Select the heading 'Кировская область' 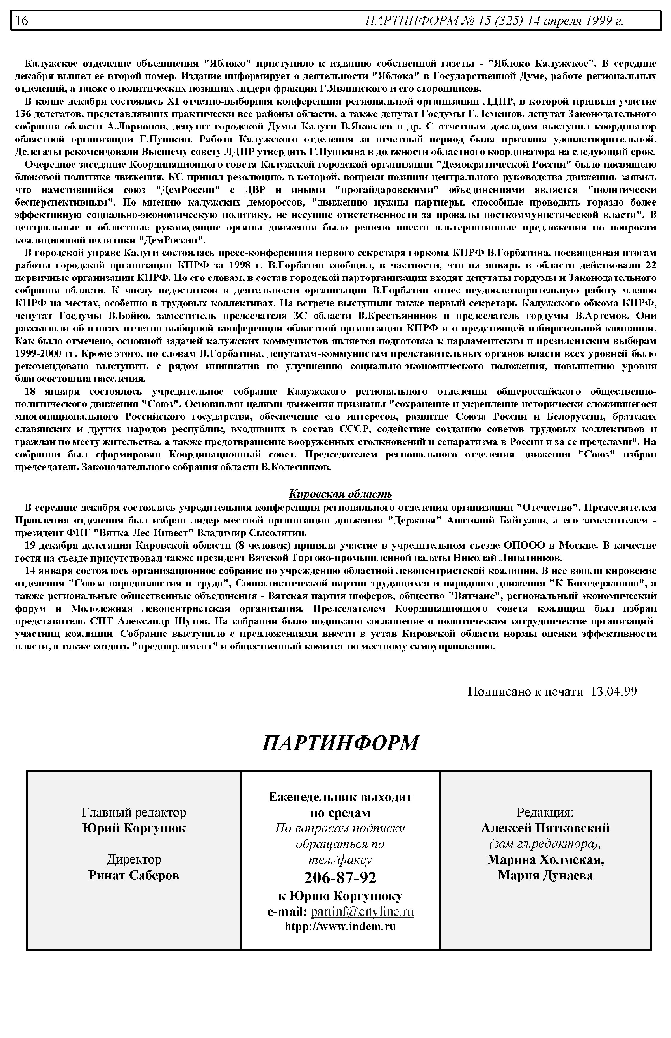coord(340,494)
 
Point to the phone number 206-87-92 coord(340,877)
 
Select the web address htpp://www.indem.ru coord(340,926)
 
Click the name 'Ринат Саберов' coord(134,875)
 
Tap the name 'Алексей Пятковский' coord(545,828)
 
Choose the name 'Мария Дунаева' coord(545,875)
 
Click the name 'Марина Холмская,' coord(545,859)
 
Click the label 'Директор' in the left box coord(134,859)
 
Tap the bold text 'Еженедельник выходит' coord(340,797)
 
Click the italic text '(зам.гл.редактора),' coord(545,844)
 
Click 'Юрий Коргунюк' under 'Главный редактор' coord(134,828)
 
